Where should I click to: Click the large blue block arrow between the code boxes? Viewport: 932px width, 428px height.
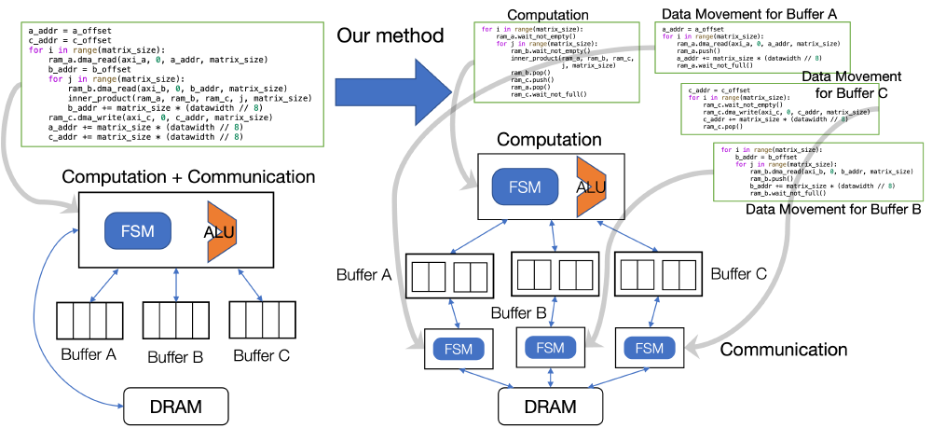391,91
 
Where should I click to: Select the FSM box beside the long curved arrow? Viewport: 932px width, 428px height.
138,231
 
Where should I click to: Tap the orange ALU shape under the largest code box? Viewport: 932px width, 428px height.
222,231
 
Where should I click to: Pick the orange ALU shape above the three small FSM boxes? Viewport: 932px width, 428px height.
591,186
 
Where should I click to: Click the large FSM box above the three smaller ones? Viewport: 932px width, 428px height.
525,186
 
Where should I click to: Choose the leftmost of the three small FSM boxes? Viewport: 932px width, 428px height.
459,350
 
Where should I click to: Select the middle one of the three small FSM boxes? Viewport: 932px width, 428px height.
551,348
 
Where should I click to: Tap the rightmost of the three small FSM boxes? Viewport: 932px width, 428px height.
650,349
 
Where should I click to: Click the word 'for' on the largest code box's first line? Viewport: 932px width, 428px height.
36,50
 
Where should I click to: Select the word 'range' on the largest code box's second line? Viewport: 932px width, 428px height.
104,79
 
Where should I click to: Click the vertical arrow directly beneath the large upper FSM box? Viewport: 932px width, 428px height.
555,235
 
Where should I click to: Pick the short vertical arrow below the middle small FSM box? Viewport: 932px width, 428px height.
551,377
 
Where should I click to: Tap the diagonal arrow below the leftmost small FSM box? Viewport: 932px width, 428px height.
487,378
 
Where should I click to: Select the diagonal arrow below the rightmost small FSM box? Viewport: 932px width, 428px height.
619,378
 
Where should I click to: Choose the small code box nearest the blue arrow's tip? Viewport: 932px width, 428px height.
556,63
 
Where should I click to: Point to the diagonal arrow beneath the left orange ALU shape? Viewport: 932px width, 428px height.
250,284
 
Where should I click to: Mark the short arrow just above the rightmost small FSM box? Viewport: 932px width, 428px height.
654,312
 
